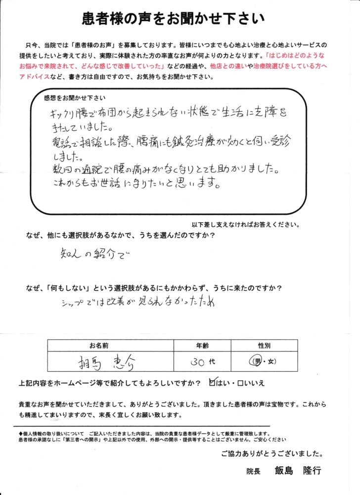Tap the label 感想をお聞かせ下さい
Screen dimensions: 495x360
coord(71,97)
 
